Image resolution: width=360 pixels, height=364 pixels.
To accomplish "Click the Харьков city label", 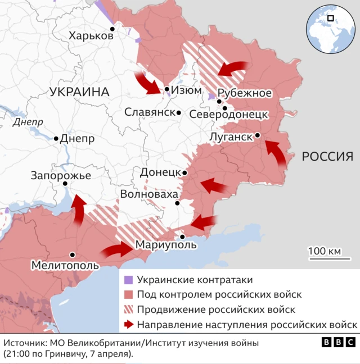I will [x=91, y=36].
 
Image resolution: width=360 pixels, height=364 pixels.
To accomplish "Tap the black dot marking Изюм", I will [x=167, y=89].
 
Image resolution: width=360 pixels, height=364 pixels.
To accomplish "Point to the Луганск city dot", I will [x=257, y=135].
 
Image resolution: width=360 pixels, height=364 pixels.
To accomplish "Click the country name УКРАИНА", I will [x=79, y=92].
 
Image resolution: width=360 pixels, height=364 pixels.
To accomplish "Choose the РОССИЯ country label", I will [x=327, y=156].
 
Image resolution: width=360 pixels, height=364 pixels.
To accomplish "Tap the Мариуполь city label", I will [x=166, y=245].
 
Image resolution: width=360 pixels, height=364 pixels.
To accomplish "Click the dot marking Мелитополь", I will [x=72, y=254].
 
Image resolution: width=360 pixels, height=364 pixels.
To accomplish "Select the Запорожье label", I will [x=61, y=175].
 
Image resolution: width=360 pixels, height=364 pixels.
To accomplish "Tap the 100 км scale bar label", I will [x=325, y=251].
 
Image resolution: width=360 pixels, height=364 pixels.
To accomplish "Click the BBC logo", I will [x=338, y=342].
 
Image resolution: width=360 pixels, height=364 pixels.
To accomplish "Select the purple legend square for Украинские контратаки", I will [x=128, y=280].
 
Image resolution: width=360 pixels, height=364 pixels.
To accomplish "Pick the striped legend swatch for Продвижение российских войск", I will [x=128, y=310].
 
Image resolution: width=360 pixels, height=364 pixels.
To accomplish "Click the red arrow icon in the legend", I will [x=128, y=324].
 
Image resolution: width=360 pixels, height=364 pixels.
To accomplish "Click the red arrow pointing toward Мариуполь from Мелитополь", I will [x=118, y=249].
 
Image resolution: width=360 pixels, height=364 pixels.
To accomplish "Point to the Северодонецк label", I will [x=228, y=114].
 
